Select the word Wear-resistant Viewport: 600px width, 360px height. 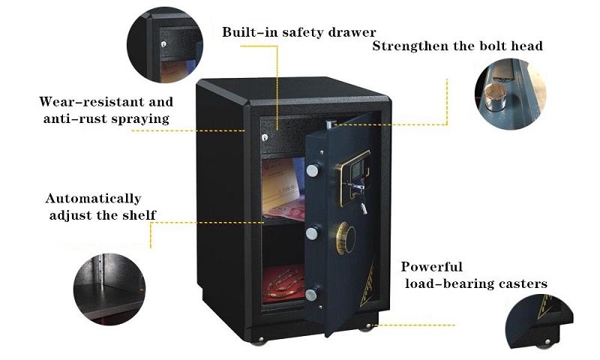coord(91,102)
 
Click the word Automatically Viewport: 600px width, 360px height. coord(93,199)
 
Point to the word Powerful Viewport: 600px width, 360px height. coord(432,267)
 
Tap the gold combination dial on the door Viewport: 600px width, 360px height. coord(345,238)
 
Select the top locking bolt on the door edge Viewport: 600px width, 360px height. coord(312,171)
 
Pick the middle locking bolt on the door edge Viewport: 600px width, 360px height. coord(312,234)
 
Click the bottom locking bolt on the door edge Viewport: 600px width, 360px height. coord(311,295)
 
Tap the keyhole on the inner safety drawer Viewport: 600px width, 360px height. coord(265,137)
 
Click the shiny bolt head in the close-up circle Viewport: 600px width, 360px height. coord(496,98)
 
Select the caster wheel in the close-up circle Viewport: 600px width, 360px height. coord(544,343)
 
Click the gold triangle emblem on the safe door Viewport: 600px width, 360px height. coord(367,283)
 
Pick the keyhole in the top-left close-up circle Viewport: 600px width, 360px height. coord(163,44)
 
